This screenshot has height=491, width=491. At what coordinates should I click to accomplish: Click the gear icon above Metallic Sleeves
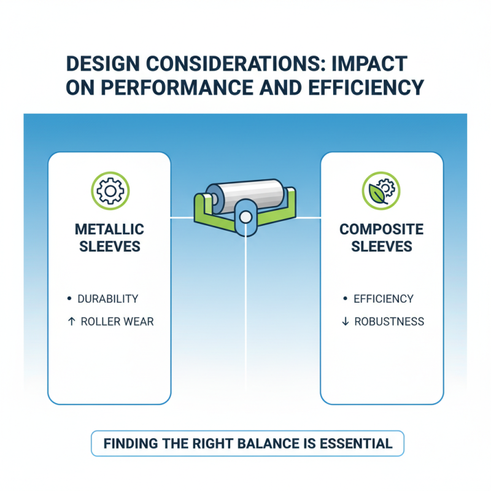point(110,191)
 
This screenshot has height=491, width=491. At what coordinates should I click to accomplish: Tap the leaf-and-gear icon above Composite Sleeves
point(381,191)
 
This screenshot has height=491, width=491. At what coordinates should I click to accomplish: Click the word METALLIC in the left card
point(109,230)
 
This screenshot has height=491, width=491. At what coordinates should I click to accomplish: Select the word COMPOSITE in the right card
point(381,230)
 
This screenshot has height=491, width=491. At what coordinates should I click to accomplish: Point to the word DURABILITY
point(108,299)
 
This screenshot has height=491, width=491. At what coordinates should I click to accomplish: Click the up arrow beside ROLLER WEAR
point(71,321)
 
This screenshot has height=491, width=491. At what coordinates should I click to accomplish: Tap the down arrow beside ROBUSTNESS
point(345,321)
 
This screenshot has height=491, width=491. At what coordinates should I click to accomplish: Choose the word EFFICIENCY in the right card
point(384,299)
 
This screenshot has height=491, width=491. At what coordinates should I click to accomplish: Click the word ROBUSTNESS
point(389,322)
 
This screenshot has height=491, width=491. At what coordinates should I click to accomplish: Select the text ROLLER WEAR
point(117,322)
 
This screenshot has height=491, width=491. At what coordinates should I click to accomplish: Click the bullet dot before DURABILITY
point(69,298)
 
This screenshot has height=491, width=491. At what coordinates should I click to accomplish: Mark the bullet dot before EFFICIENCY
point(345,298)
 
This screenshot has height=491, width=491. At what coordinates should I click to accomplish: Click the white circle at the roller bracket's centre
point(245,217)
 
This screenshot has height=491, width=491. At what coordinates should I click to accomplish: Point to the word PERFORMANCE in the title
point(177,88)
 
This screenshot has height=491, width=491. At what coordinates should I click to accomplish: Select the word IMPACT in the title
point(369,64)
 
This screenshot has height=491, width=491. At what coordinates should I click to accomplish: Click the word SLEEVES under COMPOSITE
point(381,247)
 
